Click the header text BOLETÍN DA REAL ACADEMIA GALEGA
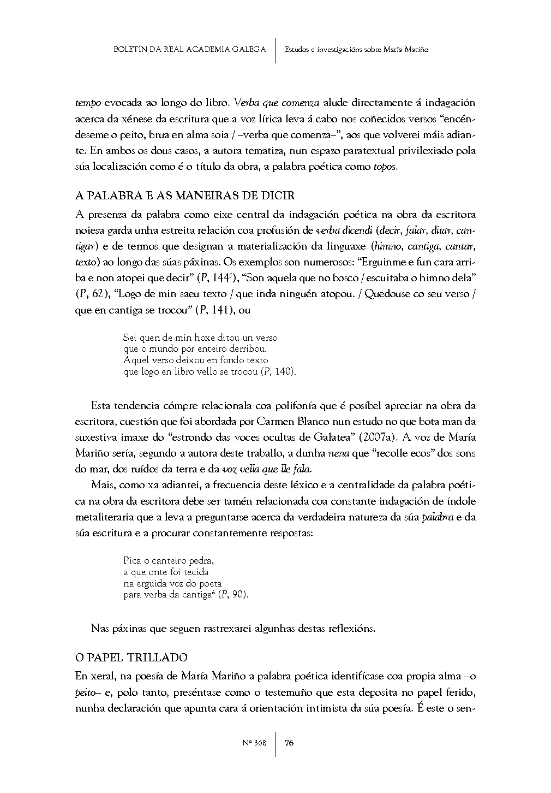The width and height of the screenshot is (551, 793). (x=190, y=49)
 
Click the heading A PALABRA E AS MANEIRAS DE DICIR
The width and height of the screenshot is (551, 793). (x=185, y=196)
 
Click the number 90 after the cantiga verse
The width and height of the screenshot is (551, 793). (x=239, y=595)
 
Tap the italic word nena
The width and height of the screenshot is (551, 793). (x=338, y=453)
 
